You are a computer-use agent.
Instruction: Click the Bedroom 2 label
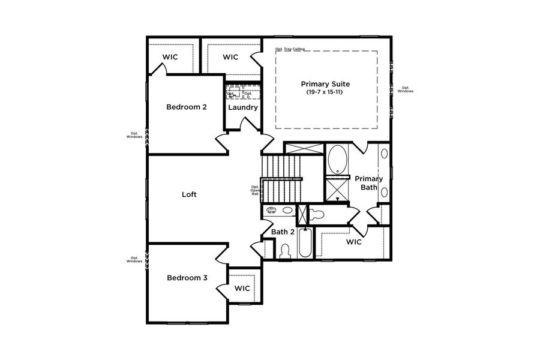pyautogui.click(x=187, y=107)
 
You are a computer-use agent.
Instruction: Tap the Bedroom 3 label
pyautogui.click(x=187, y=278)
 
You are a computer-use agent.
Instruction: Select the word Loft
pyautogui.click(x=189, y=194)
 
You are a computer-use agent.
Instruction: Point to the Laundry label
pyautogui.click(x=243, y=108)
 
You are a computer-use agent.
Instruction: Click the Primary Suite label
pyautogui.click(x=325, y=84)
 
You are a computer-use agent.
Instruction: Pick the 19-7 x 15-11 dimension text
pyautogui.click(x=325, y=92)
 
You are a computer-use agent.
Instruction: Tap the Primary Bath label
pyautogui.click(x=368, y=183)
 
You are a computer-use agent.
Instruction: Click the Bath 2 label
pyautogui.click(x=283, y=232)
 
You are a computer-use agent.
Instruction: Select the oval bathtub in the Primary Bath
pyautogui.click(x=338, y=159)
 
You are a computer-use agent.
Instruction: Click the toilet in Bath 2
pyautogui.click(x=285, y=251)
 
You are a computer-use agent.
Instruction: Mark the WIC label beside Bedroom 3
pyautogui.click(x=242, y=289)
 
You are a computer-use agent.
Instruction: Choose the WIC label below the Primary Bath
pyautogui.click(x=354, y=242)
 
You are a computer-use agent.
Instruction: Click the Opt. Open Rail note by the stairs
pyautogui.click(x=255, y=190)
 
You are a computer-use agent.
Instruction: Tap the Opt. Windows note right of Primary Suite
pyautogui.click(x=406, y=90)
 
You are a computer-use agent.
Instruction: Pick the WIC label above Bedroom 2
pyautogui.click(x=170, y=58)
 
